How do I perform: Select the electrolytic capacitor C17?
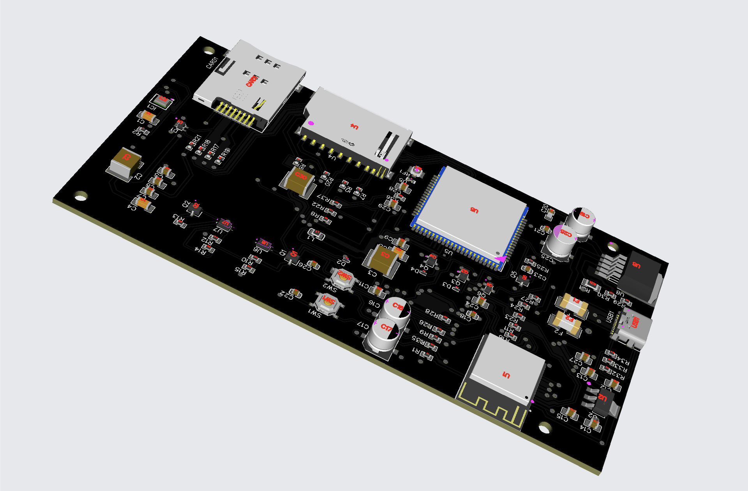pyautogui.click(x=385, y=334)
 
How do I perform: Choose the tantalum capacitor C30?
pyautogui.click(x=299, y=181)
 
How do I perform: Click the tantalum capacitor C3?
pyautogui.click(x=383, y=259)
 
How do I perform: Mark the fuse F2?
pyautogui.click(x=566, y=321)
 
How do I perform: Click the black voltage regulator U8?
pyautogui.click(x=639, y=272)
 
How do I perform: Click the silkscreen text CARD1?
pyautogui.click(x=212, y=62)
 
